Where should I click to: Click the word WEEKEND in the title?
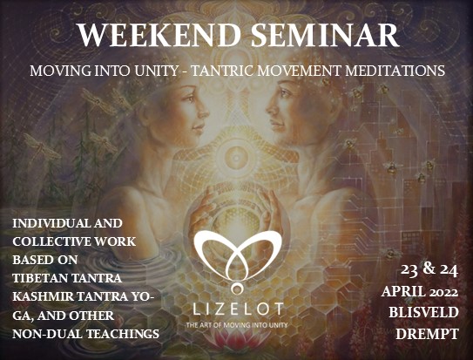pos(159,35)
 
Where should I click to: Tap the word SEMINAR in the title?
pos(325,35)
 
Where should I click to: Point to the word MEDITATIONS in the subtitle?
pos(395,71)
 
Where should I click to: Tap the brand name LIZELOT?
pos(238,309)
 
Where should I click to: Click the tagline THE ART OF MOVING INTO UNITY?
pos(237,325)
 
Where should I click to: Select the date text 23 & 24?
pos(429,269)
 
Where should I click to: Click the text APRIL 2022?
pos(420,292)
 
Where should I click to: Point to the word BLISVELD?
pos(423,313)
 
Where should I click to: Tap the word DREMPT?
pos(427,334)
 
